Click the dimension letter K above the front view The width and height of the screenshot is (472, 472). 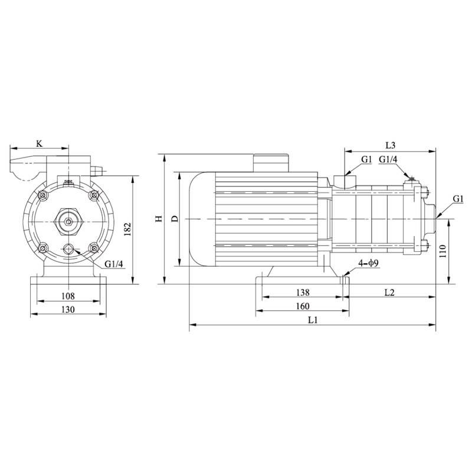click(x=39, y=143)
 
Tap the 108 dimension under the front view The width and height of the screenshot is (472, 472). click(x=67, y=296)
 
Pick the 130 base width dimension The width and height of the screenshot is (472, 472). click(x=67, y=310)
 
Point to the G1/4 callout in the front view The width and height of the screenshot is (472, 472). click(x=114, y=264)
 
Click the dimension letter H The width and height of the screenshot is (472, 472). click(x=158, y=219)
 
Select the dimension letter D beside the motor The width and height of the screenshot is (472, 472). click(x=174, y=219)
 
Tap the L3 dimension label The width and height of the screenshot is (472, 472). click(x=390, y=145)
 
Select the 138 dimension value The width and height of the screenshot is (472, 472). click(x=302, y=292)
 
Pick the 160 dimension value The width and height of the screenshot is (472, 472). click(x=302, y=306)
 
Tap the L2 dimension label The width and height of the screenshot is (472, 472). click(x=390, y=292)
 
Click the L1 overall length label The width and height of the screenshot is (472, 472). click(x=313, y=320)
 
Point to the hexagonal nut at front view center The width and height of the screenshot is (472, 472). click(x=68, y=222)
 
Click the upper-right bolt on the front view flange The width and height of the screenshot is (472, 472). click(x=93, y=195)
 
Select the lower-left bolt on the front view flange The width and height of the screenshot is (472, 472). click(x=43, y=248)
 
